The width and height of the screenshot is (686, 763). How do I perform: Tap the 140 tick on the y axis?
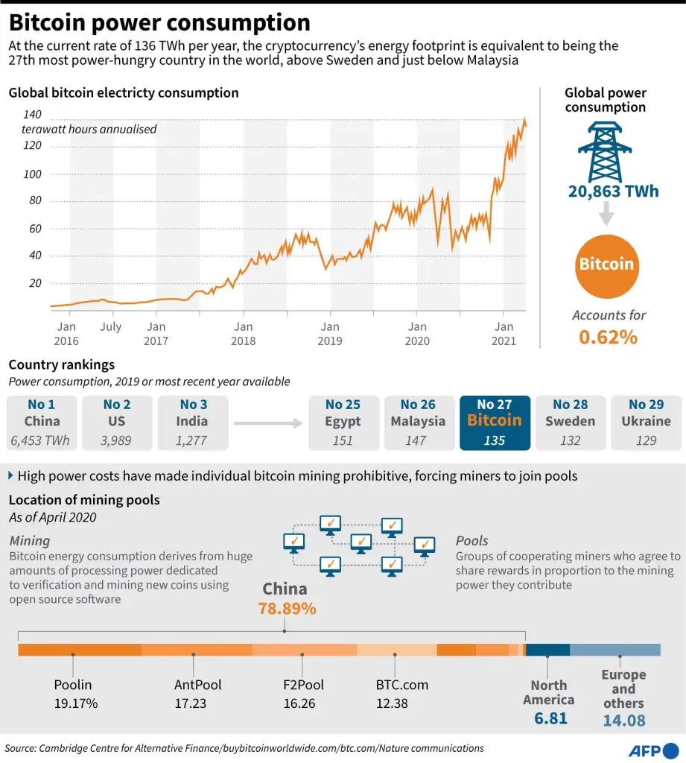click(x=32, y=115)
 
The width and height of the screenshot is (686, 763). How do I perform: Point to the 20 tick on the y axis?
click(x=35, y=282)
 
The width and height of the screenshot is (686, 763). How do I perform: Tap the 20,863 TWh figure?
click(x=613, y=191)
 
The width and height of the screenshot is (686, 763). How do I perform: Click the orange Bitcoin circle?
click(x=606, y=264)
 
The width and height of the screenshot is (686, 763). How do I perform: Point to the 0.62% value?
click(x=608, y=337)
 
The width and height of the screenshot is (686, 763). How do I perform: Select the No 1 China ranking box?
click(x=42, y=422)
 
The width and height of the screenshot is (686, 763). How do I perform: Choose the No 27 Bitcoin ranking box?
click(x=495, y=422)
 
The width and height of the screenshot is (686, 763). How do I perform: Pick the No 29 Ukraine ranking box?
click(x=646, y=422)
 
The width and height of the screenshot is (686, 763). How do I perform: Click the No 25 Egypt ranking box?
click(x=343, y=422)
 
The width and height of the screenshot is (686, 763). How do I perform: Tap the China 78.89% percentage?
click(x=287, y=608)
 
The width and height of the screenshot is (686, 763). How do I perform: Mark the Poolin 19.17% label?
click(x=75, y=694)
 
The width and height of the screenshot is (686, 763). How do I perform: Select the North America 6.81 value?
click(x=550, y=718)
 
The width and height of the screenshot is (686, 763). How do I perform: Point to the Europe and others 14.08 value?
click(x=624, y=720)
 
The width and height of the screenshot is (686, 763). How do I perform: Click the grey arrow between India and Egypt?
click(x=268, y=423)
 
